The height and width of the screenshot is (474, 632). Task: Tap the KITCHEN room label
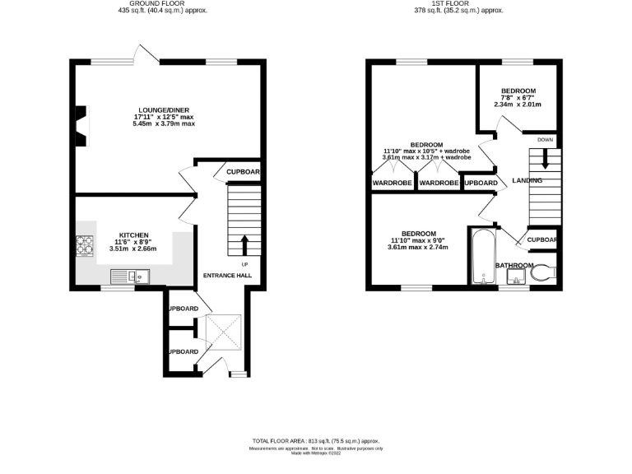click(133, 234)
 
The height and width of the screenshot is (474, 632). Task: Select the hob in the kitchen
click(86, 245)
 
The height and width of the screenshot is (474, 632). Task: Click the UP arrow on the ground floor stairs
click(244, 244)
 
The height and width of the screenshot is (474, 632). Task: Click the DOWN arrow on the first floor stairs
click(544, 163)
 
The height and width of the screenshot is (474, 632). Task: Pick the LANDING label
click(527, 179)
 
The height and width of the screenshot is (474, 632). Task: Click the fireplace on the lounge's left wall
click(81, 125)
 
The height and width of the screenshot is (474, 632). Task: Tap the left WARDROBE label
click(393, 183)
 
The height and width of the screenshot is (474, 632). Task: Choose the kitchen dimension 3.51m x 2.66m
click(133, 249)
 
